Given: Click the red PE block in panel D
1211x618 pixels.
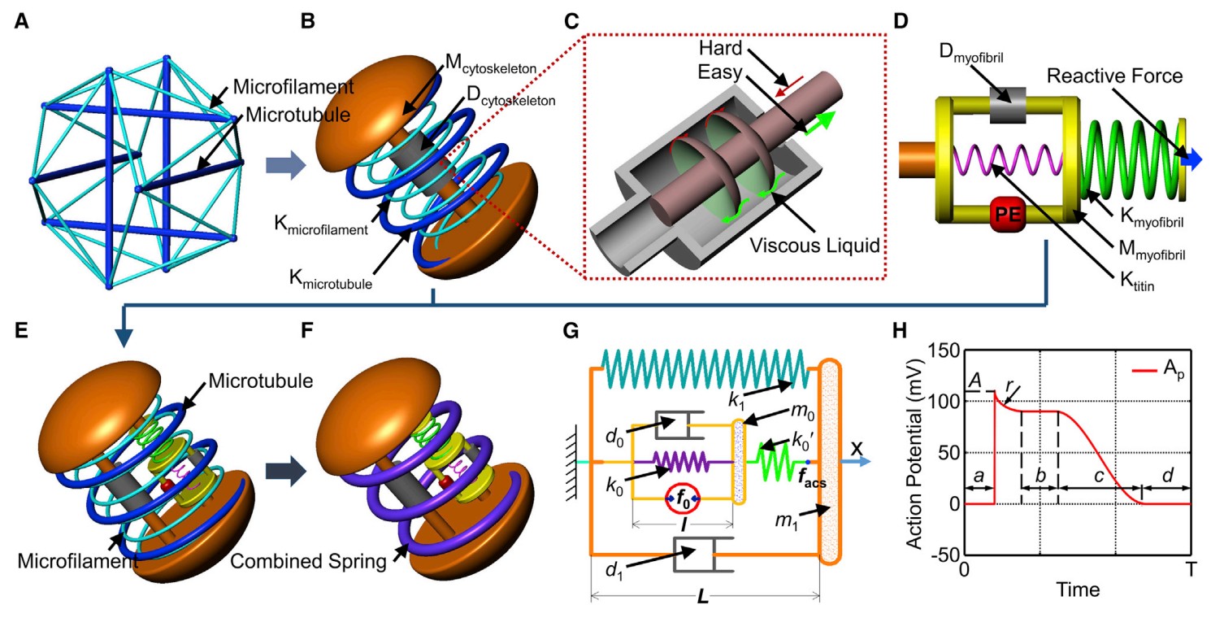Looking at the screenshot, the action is tap(1008, 214).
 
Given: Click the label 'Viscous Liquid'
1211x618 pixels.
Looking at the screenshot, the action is tap(814, 246).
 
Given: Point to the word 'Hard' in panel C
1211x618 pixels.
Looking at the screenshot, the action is tap(720, 48).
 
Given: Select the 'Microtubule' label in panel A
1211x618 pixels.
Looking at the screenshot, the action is tap(298, 115).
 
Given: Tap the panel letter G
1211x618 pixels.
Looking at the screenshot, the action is tap(571, 330).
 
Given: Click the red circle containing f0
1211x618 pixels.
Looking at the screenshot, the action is tap(683, 498).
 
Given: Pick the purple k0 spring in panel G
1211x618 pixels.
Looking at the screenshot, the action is tap(680, 463).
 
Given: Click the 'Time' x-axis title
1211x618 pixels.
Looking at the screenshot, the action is tap(1078, 590).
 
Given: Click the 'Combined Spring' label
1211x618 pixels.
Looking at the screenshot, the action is tap(308, 561).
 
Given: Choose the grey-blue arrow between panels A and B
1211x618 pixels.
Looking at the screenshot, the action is tap(286, 165).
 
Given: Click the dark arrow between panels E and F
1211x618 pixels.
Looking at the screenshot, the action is tap(286, 471).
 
